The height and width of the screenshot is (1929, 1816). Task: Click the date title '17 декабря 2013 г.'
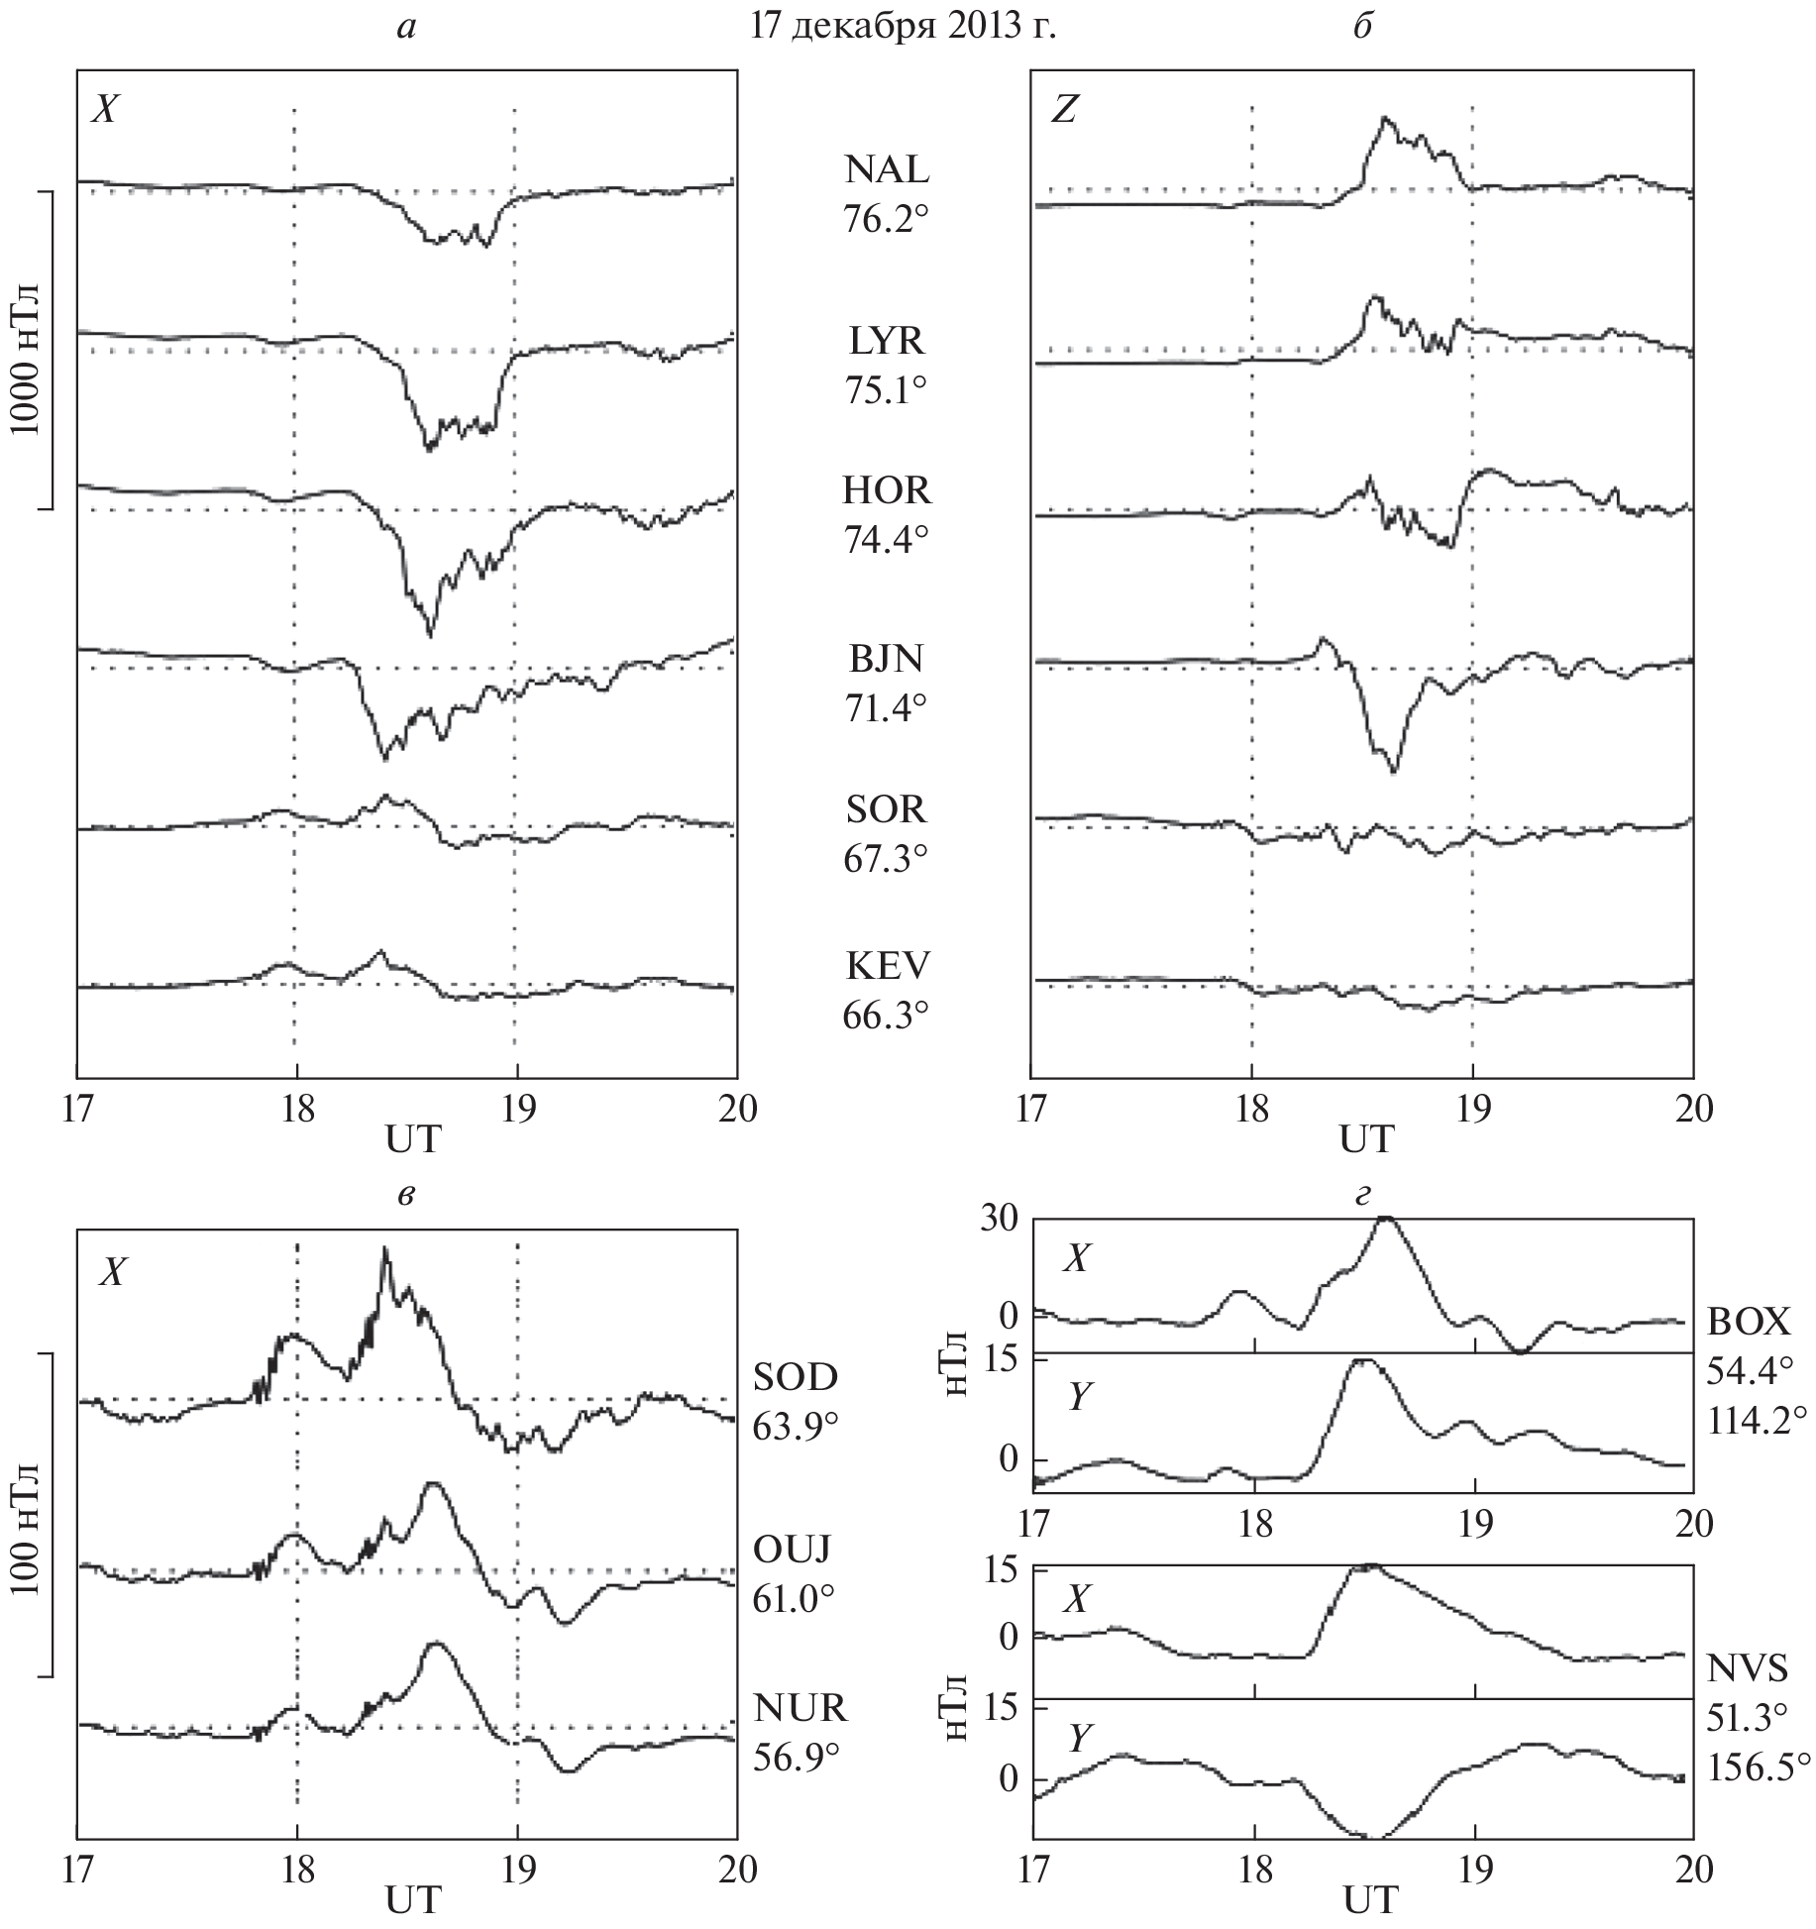click(x=903, y=27)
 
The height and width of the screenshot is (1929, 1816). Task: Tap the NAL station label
click(x=887, y=170)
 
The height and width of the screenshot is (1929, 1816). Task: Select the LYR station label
click(x=887, y=342)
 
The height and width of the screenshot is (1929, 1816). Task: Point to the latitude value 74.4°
click(x=886, y=541)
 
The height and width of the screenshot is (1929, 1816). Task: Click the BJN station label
click(x=887, y=658)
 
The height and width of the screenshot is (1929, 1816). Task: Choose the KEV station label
click(x=887, y=964)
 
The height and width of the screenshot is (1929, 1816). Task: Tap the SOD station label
click(x=796, y=1377)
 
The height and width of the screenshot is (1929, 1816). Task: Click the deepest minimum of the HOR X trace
click(x=429, y=635)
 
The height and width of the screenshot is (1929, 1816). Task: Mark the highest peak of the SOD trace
click(x=384, y=1248)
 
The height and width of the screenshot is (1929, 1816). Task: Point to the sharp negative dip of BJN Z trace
click(x=1394, y=770)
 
